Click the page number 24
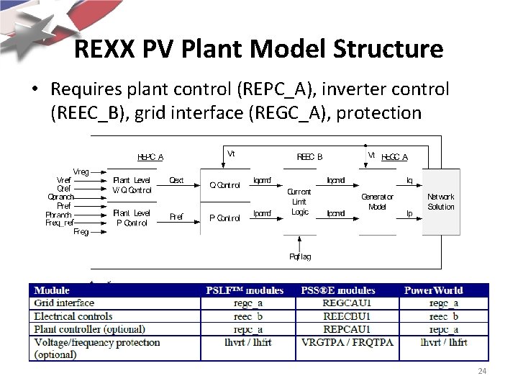[x=481, y=371]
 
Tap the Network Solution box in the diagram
[x=441, y=202]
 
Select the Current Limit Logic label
[x=299, y=202]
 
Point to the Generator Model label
[x=377, y=202]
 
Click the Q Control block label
[x=224, y=185]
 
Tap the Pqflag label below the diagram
[x=300, y=257]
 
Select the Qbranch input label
[x=61, y=197]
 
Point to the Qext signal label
[x=176, y=180]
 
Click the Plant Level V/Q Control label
[x=132, y=185]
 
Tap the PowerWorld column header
[x=433, y=290]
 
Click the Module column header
[x=51, y=290]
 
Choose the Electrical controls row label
[x=73, y=316]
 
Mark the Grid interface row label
[x=64, y=303]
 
